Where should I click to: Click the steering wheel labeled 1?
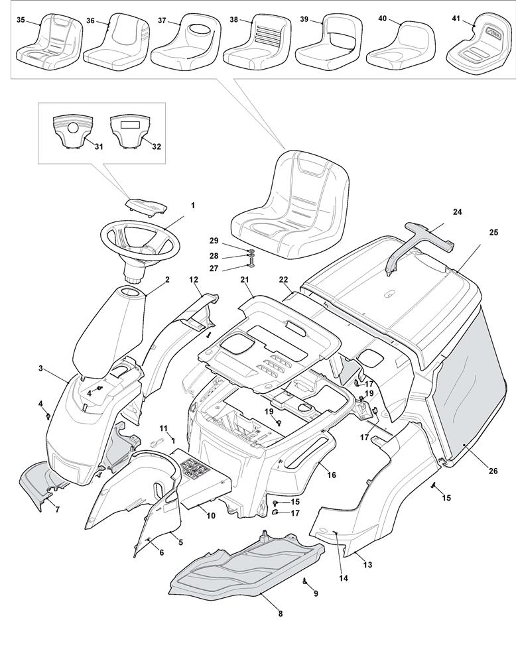pyautogui.click(x=140, y=243)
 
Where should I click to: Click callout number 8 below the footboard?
pyautogui.click(x=280, y=614)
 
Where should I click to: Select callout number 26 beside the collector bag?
pyautogui.click(x=493, y=471)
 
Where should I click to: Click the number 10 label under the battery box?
pyautogui.click(x=211, y=516)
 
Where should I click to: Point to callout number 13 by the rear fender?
pyautogui.click(x=367, y=565)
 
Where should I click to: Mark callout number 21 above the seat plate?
pyautogui.click(x=245, y=280)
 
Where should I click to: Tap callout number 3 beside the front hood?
pyautogui.click(x=42, y=368)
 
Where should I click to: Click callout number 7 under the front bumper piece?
pyautogui.click(x=56, y=509)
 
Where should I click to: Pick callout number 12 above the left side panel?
pyautogui.click(x=194, y=280)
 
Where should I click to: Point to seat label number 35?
pyautogui.click(x=21, y=21)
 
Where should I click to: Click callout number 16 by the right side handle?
pyautogui.click(x=332, y=475)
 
